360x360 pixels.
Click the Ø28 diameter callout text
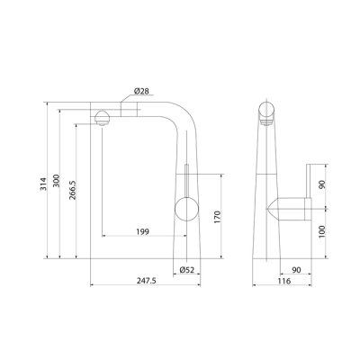coord(141,91)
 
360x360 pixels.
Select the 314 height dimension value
coord(44,184)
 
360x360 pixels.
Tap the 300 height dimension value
coord(57,180)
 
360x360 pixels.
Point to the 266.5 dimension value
coord(73,190)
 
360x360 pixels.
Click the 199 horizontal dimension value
coord(142,231)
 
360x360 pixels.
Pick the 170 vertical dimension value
coord(217,217)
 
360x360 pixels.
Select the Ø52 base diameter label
coord(187,270)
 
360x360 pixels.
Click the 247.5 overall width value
coord(147,281)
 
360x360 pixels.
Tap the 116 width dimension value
coord(284,281)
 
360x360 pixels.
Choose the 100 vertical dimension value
coord(322,231)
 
